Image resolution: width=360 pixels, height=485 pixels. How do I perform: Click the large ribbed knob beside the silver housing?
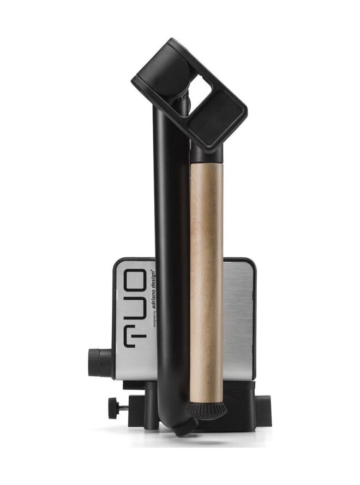coord(100,362)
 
